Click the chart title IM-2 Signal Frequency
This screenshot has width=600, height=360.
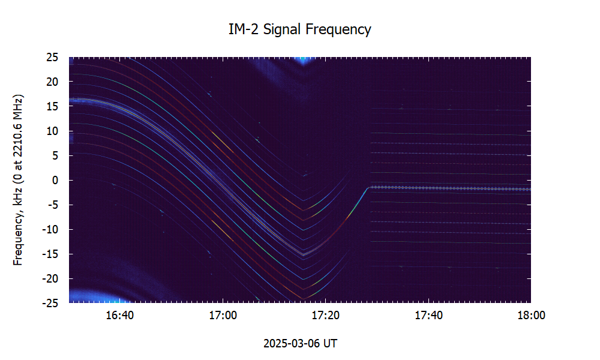coord(300,29)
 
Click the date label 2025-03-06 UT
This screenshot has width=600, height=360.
coord(300,344)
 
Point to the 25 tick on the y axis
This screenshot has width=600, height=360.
coord(52,58)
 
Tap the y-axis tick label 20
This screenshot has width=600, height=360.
coord(52,82)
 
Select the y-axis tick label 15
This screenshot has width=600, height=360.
coord(52,106)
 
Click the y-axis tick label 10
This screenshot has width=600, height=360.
coord(52,131)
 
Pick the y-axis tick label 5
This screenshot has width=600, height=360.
coord(55,155)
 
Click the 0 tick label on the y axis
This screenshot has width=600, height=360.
coord(55,180)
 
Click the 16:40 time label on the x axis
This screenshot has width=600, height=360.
coord(120,316)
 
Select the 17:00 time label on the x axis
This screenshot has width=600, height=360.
coord(223,316)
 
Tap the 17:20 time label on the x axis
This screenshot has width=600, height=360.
coord(325,316)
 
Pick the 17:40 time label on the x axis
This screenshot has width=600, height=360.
coord(428,316)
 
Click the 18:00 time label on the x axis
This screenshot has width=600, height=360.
coord(530,316)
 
